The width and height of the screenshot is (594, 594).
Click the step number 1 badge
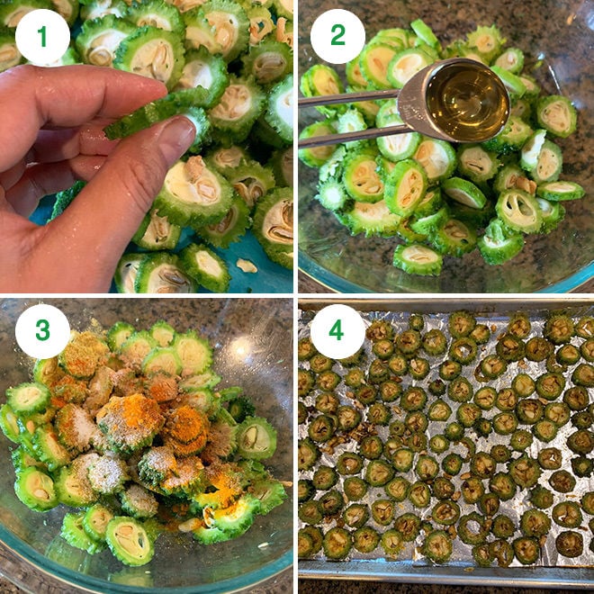tap(42, 37)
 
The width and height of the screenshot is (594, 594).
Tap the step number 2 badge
tap(337, 37)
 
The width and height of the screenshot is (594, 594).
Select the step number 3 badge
tap(42, 332)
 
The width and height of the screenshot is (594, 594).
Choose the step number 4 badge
tap(337, 332)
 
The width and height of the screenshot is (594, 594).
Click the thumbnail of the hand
tap(175, 135)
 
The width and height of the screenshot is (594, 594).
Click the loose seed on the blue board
tap(245, 265)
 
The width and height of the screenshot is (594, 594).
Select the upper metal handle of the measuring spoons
tap(351, 96)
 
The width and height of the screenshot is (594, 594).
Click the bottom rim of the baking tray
tap(445, 573)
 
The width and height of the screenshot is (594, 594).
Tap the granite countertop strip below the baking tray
tap(445, 588)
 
